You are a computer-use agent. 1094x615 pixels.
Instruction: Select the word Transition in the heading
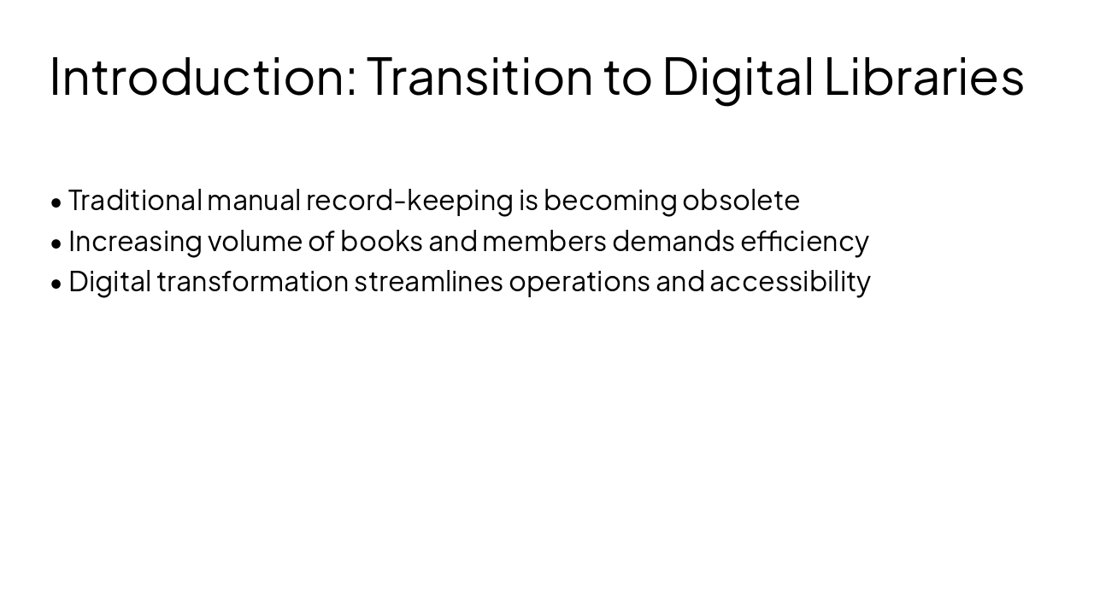[x=479, y=76]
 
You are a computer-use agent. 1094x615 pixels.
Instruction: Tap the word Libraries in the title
[x=924, y=76]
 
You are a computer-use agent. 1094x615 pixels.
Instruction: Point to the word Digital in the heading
[x=738, y=76]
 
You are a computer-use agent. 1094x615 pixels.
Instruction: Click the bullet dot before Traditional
[x=56, y=202]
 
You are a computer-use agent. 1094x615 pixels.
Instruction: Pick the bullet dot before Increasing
[x=56, y=243]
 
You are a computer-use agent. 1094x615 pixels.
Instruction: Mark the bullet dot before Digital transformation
[x=56, y=284]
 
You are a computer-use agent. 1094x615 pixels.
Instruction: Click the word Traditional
[x=135, y=201]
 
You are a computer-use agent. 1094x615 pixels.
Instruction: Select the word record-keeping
[x=409, y=201]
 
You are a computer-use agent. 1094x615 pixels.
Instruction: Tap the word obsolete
[x=741, y=201]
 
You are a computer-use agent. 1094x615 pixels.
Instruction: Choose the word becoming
[x=610, y=201]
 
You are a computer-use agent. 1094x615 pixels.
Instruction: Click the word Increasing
[x=135, y=242]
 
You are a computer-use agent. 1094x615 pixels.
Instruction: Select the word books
[x=381, y=242]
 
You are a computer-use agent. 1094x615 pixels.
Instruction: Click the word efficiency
[x=804, y=242]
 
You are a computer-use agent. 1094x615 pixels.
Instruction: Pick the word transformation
[x=253, y=282]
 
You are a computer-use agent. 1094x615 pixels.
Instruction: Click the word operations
[x=579, y=282]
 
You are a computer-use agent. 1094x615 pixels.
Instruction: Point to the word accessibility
[x=790, y=282]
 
